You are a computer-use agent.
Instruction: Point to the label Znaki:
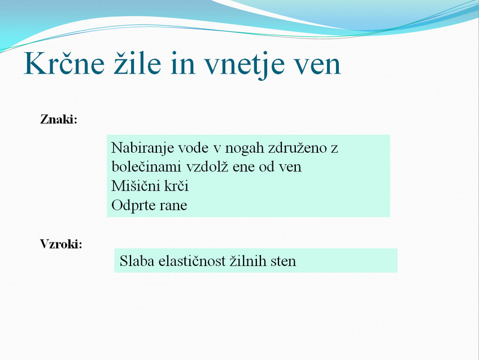[x=59, y=119]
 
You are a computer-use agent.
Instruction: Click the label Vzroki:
[x=61, y=244]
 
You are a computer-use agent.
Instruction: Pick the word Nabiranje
[x=143, y=149]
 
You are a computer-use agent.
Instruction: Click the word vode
[x=193, y=148]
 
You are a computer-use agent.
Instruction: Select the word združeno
[x=298, y=148]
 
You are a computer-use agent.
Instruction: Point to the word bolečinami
[x=147, y=167]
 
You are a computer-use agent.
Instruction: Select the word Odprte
[x=134, y=205]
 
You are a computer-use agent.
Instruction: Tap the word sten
[x=283, y=262]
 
